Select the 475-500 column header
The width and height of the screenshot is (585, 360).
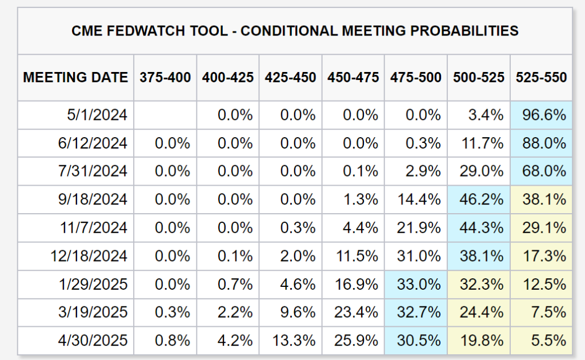point(416,78)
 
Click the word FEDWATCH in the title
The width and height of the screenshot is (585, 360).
point(154,31)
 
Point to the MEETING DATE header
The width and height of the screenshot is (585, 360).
point(75,78)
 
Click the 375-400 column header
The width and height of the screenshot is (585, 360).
point(165,78)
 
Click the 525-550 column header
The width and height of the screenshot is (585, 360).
point(542,78)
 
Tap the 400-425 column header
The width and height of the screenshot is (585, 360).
point(228,78)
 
